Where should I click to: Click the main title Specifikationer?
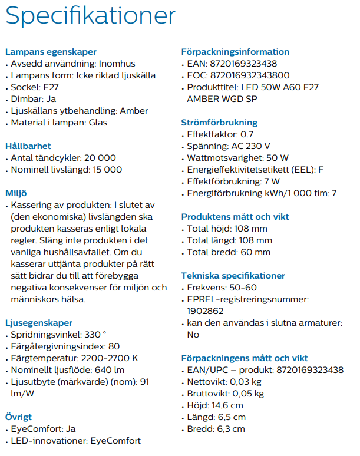pyautogui.click(x=90, y=16)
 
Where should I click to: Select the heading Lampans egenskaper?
pyautogui.click(x=51, y=52)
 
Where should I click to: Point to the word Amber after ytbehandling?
pyautogui.click(x=134, y=111)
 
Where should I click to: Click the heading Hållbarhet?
pyautogui.click(x=28, y=146)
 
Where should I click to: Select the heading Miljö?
pyautogui.click(x=16, y=193)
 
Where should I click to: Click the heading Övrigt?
pyautogui.click(x=19, y=417)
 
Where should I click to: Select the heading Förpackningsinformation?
pyautogui.click(x=235, y=52)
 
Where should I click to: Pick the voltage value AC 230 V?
pyautogui.click(x=250, y=146)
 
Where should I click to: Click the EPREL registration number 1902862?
pyautogui.click(x=204, y=311)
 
